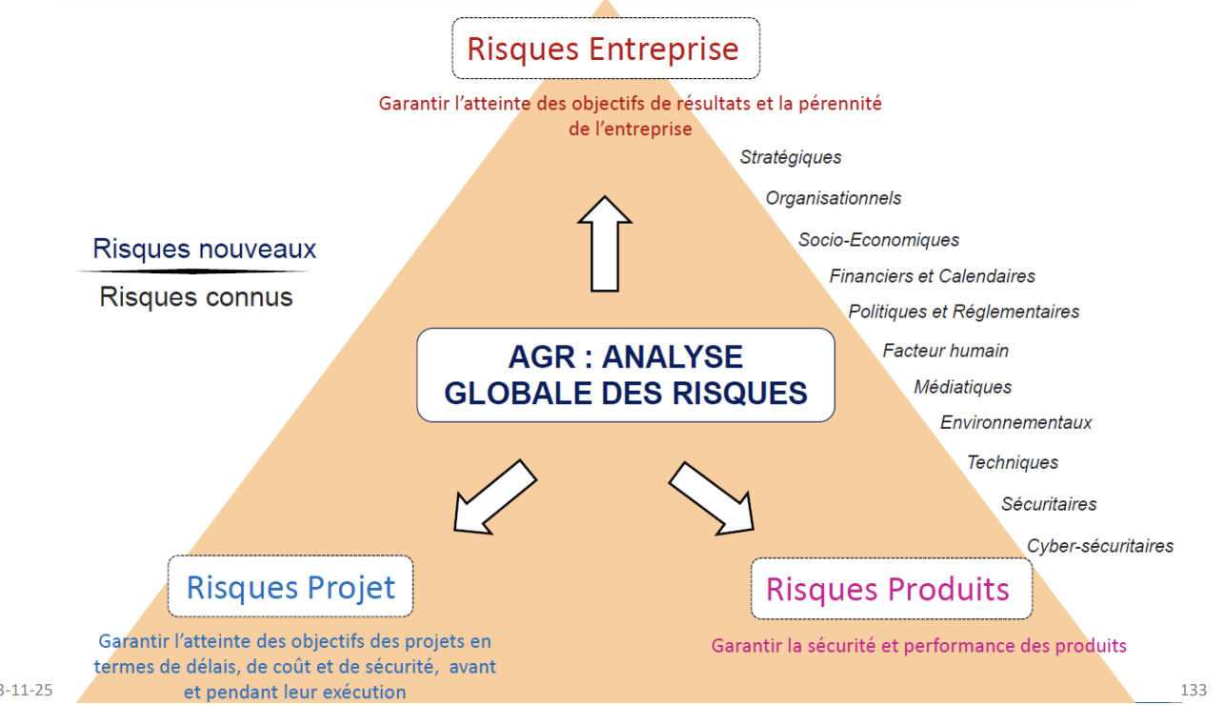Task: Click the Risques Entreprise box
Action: [x=606, y=49]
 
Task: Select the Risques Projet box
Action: [x=291, y=586]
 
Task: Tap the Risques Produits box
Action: [x=892, y=589]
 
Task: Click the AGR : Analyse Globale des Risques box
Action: [x=626, y=374]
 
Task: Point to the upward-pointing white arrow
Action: [x=605, y=244]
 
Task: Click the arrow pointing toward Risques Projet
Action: [x=495, y=497]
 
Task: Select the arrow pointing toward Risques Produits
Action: [x=712, y=499]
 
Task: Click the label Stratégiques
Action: [x=791, y=157]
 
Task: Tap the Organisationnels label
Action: [x=833, y=198]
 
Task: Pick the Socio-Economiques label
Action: [x=878, y=239]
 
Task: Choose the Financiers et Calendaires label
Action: [x=932, y=276]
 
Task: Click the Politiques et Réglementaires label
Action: [x=964, y=312]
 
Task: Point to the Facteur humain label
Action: [x=946, y=351]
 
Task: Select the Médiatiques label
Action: [x=962, y=387]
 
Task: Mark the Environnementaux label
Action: [x=1015, y=423]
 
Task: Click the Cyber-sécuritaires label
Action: [x=1100, y=546]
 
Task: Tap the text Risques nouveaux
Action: [x=204, y=249]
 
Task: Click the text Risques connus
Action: [x=196, y=297]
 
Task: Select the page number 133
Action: [x=1194, y=690]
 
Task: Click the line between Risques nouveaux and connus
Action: [x=193, y=272]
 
